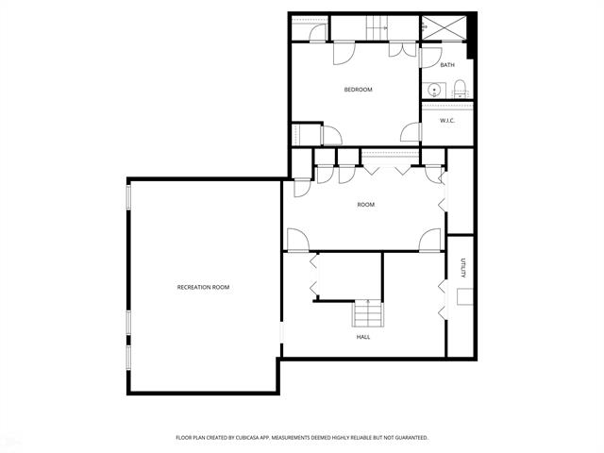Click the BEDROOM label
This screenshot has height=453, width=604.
(x=358, y=90)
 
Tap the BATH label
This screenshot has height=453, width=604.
(x=447, y=65)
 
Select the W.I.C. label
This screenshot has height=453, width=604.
(x=447, y=120)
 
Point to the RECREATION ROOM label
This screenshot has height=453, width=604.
(x=204, y=287)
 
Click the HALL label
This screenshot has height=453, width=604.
(x=362, y=336)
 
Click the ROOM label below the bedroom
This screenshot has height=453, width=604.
(x=365, y=205)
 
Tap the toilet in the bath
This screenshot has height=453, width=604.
(x=461, y=90)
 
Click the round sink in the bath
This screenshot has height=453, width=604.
(x=433, y=91)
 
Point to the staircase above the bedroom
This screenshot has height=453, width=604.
(x=377, y=29)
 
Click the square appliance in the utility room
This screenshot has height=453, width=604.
(x=463, y=297)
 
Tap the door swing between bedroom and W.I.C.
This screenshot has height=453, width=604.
(x=411, y=133)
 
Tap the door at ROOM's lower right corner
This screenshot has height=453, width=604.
(x=430, y=240)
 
